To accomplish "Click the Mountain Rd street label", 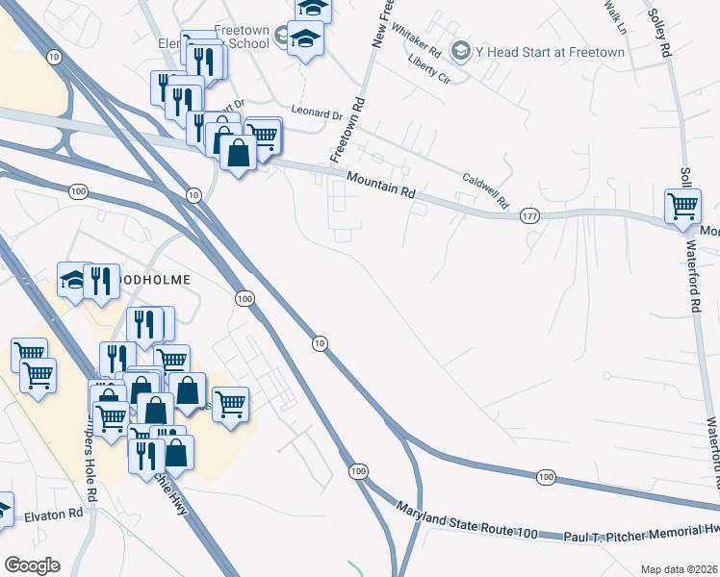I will [x=381, y=185].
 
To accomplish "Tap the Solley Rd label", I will [x=658, y=34].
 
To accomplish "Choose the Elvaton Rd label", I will [x=56, y=514].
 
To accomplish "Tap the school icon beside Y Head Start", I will [x=461, y=49].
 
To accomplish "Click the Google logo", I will [x=31, y=565].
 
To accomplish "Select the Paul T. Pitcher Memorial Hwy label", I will [x=640, y=537].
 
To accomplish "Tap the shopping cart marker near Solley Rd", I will [x=682, y=205].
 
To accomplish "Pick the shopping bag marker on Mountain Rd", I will [x=238, y=151].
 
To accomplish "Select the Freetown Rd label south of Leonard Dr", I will [x=347, y=128].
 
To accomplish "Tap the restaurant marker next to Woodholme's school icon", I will [x=100, y=281].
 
